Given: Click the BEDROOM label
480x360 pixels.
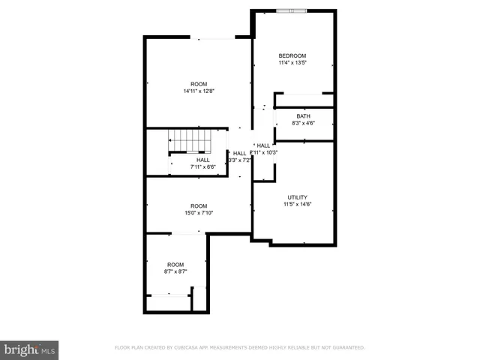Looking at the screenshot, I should click(292, 56).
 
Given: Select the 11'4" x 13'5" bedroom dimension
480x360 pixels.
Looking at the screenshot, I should click(292, 64).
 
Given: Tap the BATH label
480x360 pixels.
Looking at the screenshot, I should click(303, 116).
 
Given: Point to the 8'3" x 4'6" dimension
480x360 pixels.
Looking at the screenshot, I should click(303, 123).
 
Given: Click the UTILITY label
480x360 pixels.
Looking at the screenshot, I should click(297, 197).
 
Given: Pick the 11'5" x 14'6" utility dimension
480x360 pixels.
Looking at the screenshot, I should click(297, 204).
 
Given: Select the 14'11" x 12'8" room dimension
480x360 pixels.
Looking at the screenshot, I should click(199, 91).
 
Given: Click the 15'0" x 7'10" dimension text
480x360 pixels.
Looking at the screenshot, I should click(199, 213).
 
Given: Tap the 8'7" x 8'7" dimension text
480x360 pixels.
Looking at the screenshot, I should click(175, 271).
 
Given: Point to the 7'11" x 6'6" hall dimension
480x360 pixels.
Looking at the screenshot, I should click(202, 166).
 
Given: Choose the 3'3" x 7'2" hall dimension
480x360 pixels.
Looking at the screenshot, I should click(239, 160).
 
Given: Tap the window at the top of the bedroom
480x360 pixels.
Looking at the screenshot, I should click(292, 10).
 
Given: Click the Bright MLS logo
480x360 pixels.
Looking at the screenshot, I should click(30, 349).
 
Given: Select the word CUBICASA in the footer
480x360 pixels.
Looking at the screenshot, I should click(198, 348).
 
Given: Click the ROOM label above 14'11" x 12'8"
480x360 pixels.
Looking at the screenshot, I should click(199, 84).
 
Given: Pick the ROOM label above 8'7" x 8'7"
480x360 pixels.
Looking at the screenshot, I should click(175, 265).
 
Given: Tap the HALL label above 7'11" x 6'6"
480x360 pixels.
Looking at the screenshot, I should click(202, 160).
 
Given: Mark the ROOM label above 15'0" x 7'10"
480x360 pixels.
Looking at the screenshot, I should click(199, 206).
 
